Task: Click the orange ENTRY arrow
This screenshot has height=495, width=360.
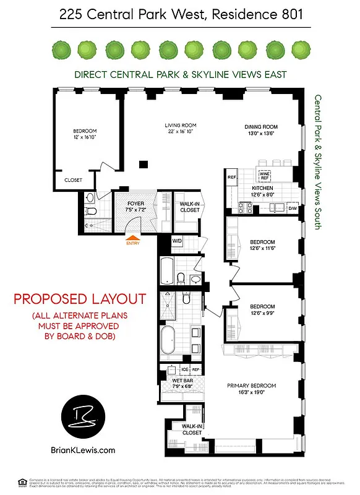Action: pyautogui.click(x=132, y=235)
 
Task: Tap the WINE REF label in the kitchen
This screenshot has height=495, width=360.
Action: pyautogui.click(x=264, y=175)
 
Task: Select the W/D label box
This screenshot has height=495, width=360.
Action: pyautogui.click(x=177, y=241)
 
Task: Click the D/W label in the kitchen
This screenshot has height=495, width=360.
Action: pyautogui.click(x=293, y=209)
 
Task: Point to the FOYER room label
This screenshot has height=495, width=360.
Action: pyautogui.click(x=135, y=204)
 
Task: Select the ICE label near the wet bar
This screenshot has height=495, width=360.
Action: pyautogui.click(x=184, y=369)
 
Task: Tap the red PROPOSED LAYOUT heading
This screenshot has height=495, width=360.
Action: pyautogui.click(x=80, y=299)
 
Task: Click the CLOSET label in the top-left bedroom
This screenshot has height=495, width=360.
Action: pyautogui.click(x=73, y=181)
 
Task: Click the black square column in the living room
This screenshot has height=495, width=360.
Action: pyautogui.click(x=143, y=164)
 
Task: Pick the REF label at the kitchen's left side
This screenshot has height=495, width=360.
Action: pyautogui.click(x=232, y=178)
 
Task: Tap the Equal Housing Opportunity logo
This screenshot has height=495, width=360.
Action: pyautogui.click(x=22, y=481)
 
